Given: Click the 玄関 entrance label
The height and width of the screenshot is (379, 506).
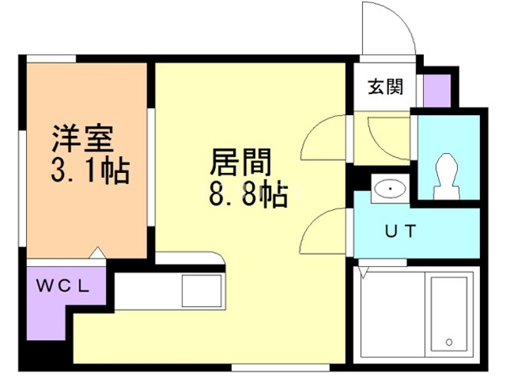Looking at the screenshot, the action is pyautogui.click(x=386, y=87).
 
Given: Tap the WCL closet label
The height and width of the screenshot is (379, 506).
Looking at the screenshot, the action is pyautogui.click(x=62, y=286).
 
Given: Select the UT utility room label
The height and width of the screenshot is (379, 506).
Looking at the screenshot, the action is pyautogui.click(x=401, y=231).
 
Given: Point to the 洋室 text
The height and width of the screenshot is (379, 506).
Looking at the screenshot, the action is pyautogui.click(x=83, y=139).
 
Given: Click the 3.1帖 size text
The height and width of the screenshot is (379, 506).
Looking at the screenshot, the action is pyautogui.click(x=90, y=171).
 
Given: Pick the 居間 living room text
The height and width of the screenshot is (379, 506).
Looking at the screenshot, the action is pyautogui.click(x=240, y=162).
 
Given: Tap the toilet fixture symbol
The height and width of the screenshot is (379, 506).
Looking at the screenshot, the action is pyautogui.click(x=447, y=176).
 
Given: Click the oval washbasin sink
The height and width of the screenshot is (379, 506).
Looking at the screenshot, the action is pyautogui.click(x=390, y=189).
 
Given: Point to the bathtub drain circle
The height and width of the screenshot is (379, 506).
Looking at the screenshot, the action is pyautogui.click(x=449, y=342).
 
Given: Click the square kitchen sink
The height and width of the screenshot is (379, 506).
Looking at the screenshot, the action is pyautogui.click(x=202, y=291).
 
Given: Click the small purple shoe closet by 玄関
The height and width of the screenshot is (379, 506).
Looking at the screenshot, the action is pyautogui.click(x=436, y=91).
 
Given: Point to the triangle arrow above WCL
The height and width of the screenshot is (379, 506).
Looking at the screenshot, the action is pyautogui.click(x=97, y=253).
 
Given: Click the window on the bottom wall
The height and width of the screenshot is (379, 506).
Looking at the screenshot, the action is pyautogui.click(x=280, y=367).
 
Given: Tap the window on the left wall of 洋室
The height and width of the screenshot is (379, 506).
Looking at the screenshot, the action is pyautogui.click(x=23, y=189).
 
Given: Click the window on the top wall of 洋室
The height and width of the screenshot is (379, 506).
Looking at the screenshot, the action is pyautogui.click(x=51, y=58).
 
